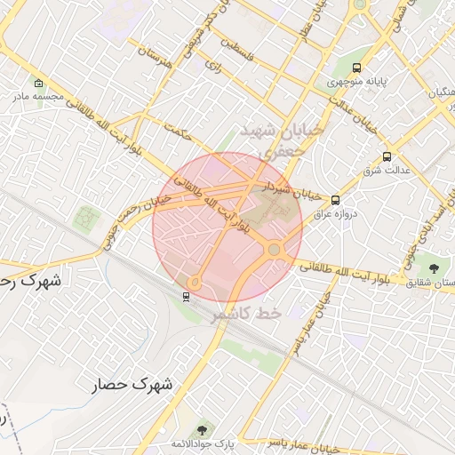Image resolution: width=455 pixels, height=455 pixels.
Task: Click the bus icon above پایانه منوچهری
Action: tap(356, 68)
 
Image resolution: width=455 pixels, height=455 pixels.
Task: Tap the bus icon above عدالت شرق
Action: tap(386, 156)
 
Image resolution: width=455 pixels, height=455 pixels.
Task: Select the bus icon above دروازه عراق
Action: tap(335, 200)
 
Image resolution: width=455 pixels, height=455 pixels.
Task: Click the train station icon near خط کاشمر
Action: tap(186, 297)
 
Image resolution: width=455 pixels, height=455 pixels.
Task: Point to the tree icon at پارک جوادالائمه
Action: tap(204, 430)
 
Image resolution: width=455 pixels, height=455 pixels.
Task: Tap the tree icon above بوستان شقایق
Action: tap(434, 267)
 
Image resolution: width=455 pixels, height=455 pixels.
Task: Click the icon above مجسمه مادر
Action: tap(37, 84)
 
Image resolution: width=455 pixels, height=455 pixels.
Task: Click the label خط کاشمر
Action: tap(246, 314)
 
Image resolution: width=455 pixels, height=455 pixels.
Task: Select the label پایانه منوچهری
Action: tap(355, 82)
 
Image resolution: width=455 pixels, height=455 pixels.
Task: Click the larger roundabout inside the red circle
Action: tap(275, 250)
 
